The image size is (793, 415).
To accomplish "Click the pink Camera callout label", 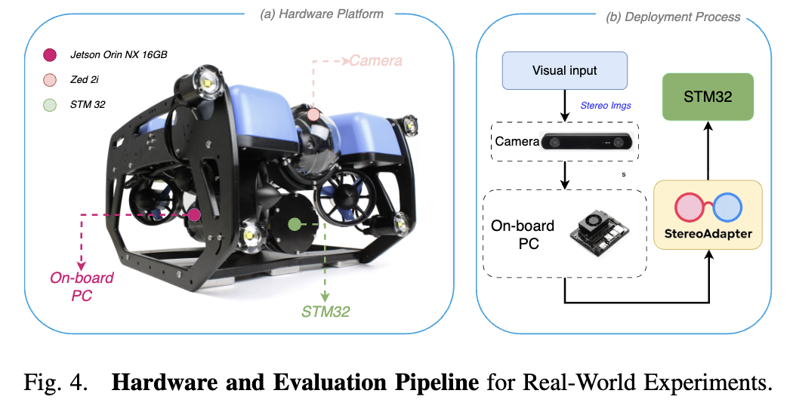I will click(375, 60).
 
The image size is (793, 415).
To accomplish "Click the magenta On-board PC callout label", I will click(82, 287).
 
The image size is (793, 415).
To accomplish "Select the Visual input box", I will click(565, 71).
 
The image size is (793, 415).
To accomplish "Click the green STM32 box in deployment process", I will click(708, 96).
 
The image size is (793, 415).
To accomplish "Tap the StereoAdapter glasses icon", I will click(708, 205).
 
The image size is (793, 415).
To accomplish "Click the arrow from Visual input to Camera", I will click(565, 103).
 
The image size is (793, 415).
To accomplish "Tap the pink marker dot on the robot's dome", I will click(313, 115).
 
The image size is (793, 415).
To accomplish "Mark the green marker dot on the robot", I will click(294, 224).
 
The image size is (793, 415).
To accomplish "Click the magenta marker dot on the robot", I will click(194, 215).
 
